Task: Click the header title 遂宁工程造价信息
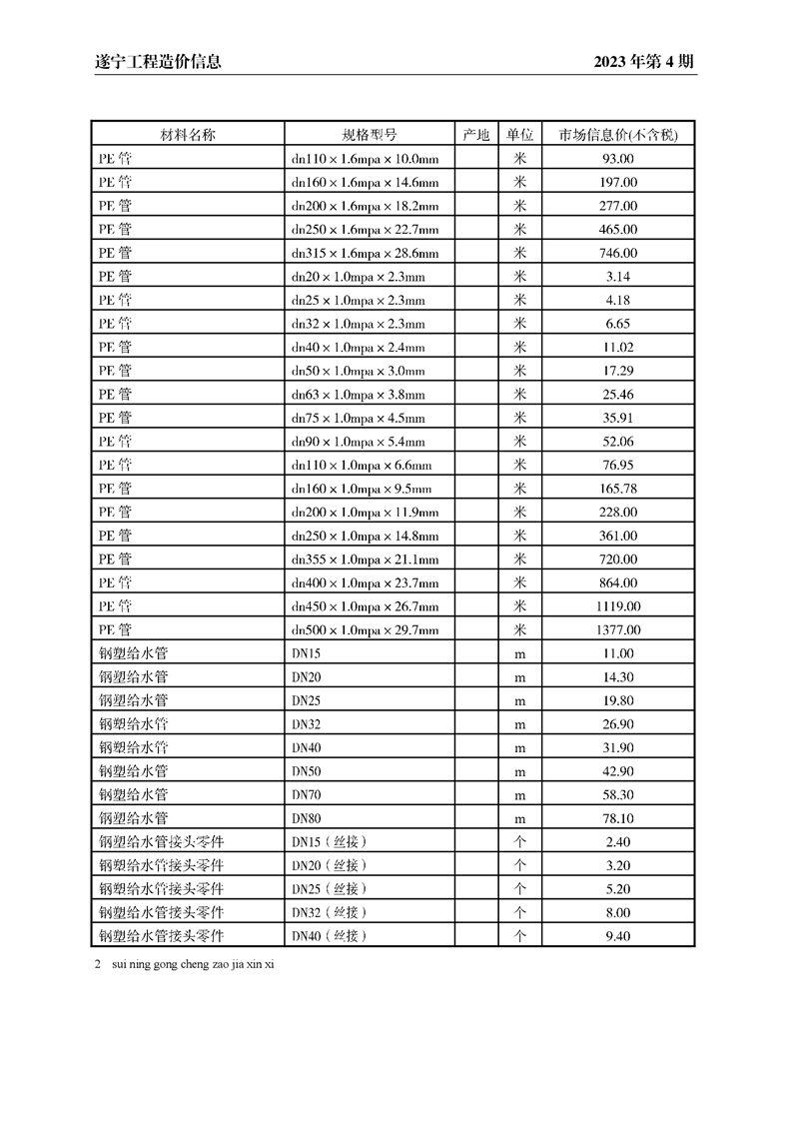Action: click(151, 62)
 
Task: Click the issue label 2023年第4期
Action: click(643, 62)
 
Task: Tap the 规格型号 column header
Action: click(370, 135)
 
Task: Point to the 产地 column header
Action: click(476, 135)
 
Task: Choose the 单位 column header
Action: click(519, 135)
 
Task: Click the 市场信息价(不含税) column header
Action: click(617, 135)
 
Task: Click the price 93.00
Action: click(617, 159)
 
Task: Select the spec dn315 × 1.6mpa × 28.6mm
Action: click(365, 254)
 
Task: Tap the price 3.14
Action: click(617, 277)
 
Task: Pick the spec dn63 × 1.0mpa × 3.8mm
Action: click(358, 395)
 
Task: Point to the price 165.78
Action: click(617, 490)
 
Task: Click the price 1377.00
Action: click(617, 630)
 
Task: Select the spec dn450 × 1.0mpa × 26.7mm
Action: click(365, 606)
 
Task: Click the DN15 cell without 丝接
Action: click(307, 654)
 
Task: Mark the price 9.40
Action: click(617, 937)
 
